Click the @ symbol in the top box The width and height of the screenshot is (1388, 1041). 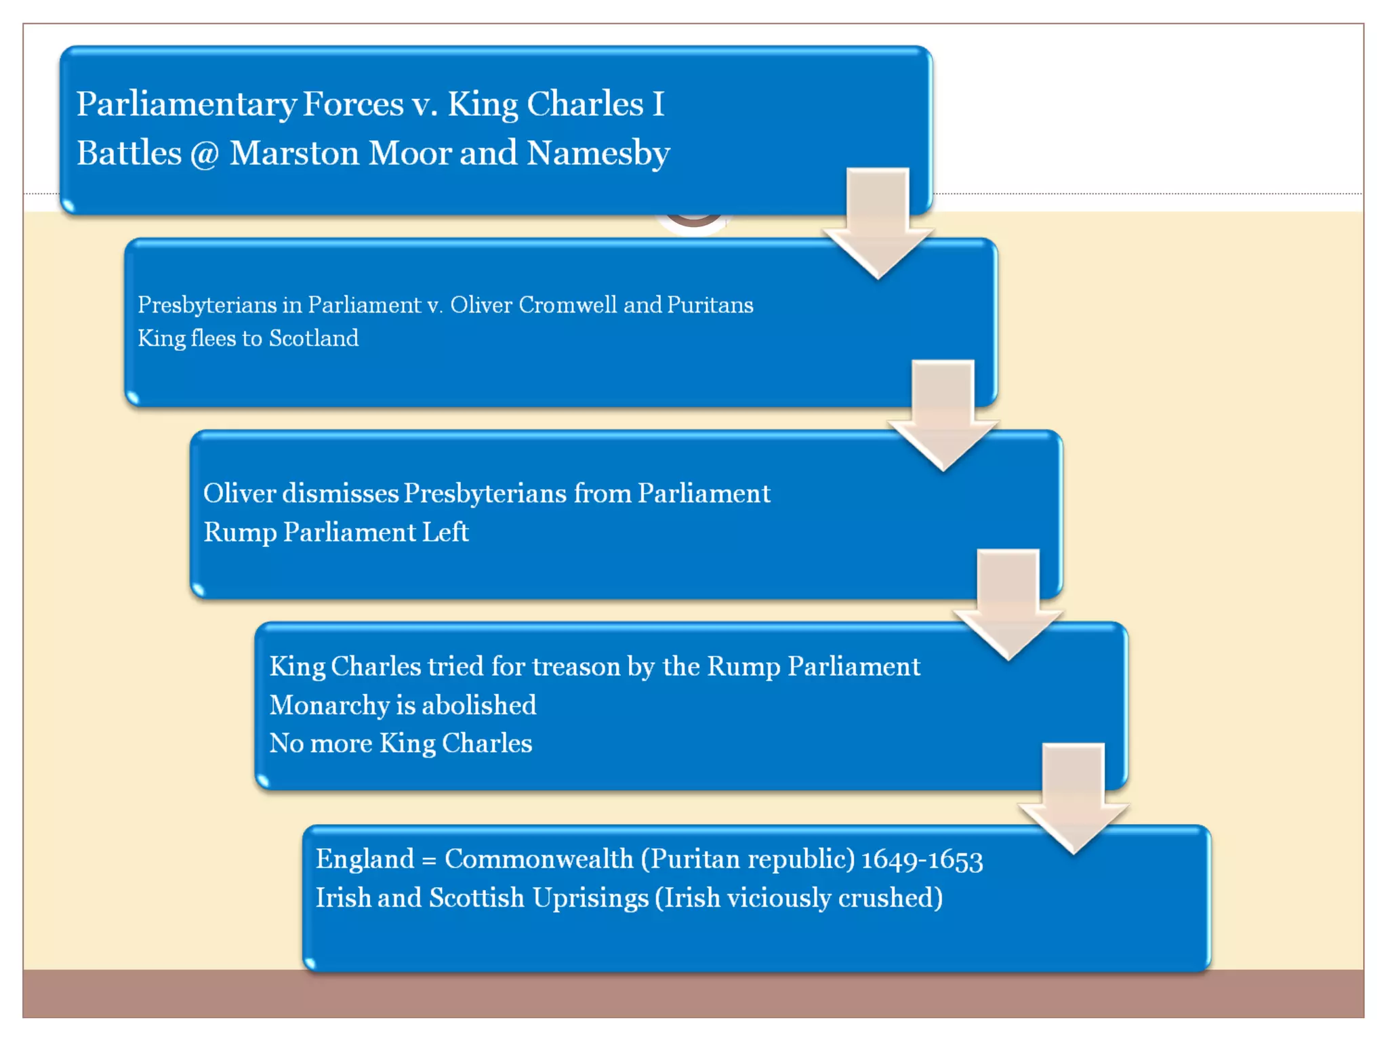205,155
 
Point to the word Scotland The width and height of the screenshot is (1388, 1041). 313,338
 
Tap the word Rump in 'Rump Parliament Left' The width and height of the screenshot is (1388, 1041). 239,533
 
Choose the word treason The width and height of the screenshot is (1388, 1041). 575,666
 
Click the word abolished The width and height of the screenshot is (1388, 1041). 478,705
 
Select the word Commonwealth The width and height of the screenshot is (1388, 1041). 539,859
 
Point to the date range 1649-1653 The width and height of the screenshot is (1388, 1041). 922,860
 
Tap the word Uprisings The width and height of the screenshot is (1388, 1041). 590,899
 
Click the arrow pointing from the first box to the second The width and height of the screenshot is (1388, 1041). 878,221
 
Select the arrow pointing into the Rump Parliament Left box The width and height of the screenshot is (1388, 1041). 943,413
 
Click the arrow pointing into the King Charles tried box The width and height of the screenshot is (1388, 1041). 1008,603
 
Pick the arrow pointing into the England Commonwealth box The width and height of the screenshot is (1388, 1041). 1074,796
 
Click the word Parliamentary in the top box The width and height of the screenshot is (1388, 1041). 186,104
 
